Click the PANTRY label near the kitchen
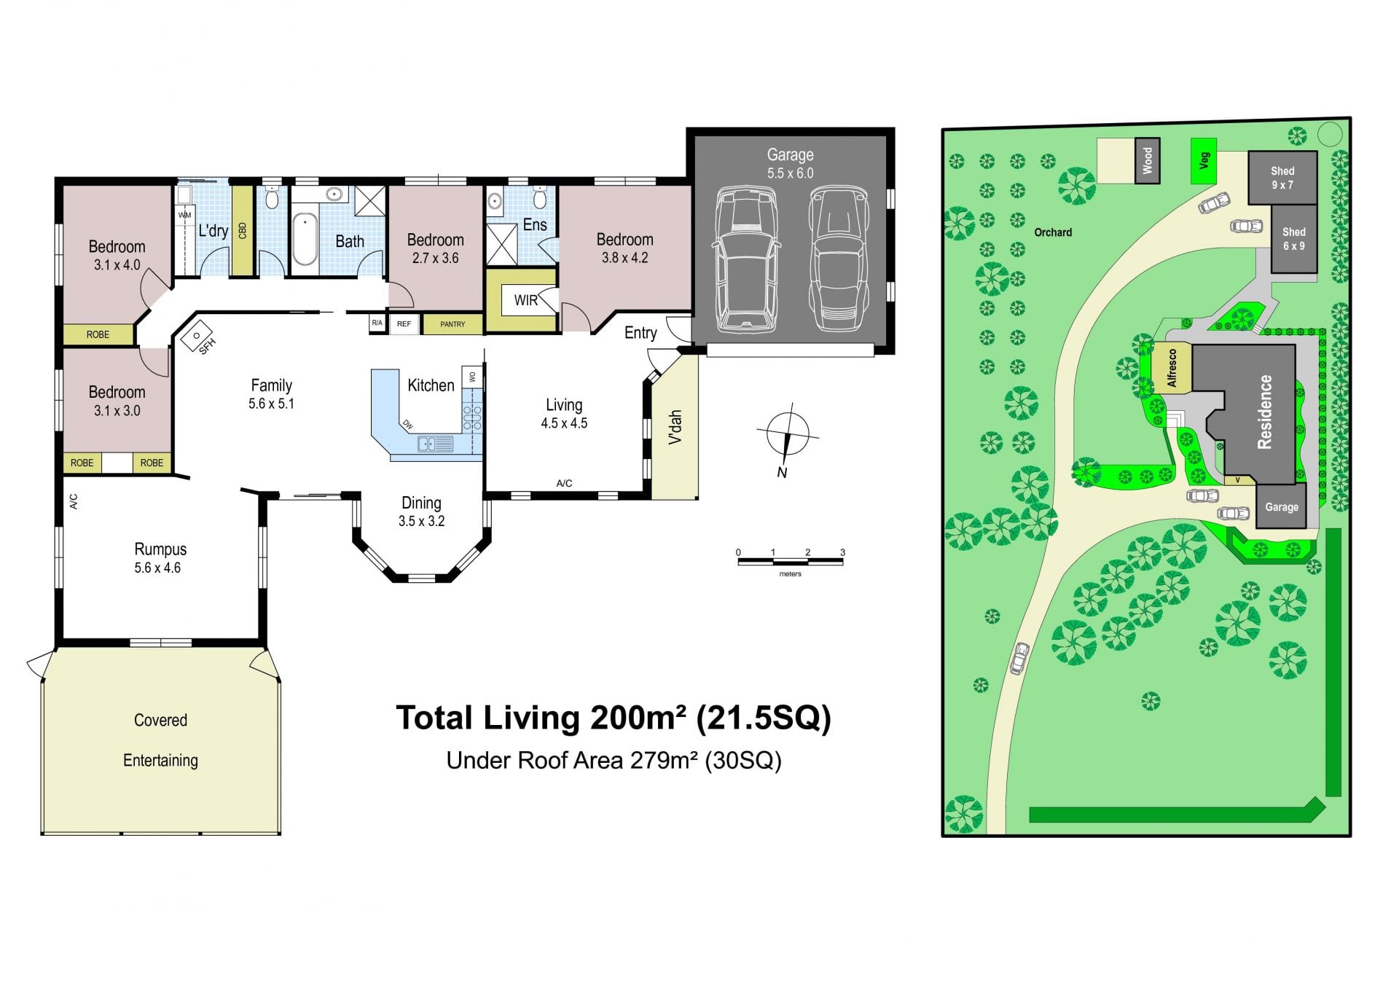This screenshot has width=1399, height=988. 452,324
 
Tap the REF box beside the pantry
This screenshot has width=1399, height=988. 404,324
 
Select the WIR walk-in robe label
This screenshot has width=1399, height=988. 526,300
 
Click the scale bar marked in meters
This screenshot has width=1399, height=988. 791,561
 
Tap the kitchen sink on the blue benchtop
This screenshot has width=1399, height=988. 435,443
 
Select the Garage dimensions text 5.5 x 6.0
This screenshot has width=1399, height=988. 790,173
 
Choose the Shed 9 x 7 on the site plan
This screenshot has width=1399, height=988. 1282,178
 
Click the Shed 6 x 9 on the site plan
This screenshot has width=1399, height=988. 1294,239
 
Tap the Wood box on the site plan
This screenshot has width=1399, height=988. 1147,160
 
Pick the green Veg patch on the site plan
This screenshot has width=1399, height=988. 1204,160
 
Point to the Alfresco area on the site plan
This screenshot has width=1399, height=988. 1172,368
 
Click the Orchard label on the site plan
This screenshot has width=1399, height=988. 1053,232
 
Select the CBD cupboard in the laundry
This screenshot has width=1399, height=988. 243,230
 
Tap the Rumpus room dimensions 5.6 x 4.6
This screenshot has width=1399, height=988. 157,568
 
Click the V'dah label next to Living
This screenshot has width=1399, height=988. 675,427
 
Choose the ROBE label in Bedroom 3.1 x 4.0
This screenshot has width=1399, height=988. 98,334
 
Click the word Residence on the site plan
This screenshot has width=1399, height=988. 1265,412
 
